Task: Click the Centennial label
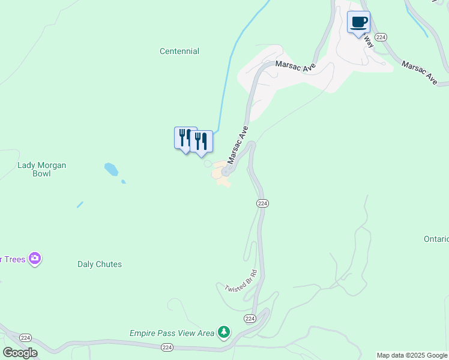179,52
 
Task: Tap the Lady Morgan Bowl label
42,169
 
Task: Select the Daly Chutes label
100,264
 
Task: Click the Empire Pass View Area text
172,333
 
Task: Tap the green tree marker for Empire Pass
224,332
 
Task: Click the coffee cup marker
359,23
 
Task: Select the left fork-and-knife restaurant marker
185,137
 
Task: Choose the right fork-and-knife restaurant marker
201,142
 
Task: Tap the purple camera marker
35,259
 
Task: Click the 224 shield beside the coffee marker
381,37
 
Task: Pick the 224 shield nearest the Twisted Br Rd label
262,203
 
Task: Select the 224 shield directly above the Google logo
25,337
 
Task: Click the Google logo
20,353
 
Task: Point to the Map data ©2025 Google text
412,355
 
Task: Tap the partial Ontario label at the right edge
436,239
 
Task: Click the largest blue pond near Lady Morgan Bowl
111,169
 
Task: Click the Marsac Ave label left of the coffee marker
295,67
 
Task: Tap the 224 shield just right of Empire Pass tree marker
250,318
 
